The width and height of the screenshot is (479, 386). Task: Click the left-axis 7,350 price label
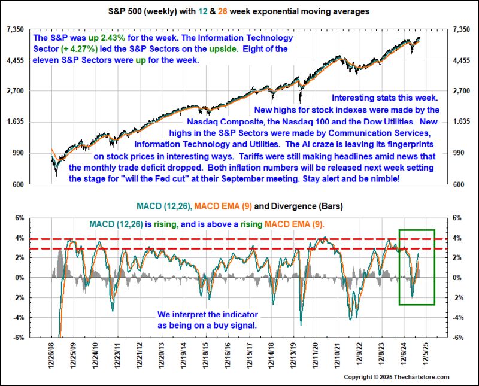[14, 29]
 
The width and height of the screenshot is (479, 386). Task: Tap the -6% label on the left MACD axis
[20, 338]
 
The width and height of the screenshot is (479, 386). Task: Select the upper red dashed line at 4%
[239, 238]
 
